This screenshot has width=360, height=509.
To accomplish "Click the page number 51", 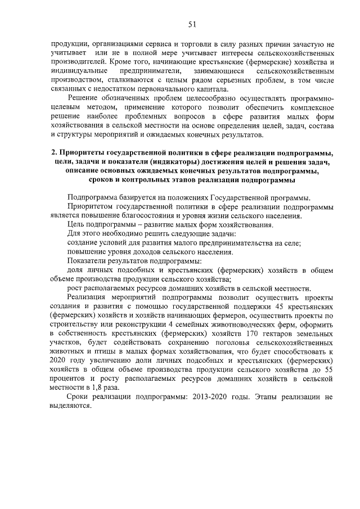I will (191, 24).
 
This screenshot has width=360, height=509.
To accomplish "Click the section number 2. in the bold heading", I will (55, 152).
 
